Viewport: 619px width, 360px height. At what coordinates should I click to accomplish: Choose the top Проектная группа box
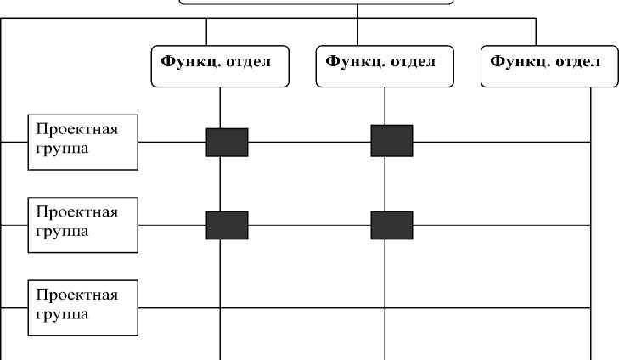(x=82, y=141)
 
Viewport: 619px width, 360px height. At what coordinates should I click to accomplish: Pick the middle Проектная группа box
(x=82, y=224)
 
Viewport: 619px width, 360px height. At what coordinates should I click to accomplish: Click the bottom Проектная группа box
(x=82, y=307)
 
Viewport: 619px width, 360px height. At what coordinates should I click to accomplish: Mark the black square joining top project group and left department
(x=227, y=142)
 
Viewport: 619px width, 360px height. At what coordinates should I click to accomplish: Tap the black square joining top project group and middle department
(x=391, y=141)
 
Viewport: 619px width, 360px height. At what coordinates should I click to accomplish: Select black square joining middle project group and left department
(x=227, y=225)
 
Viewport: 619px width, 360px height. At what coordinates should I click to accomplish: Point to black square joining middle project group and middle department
(x=391, y=225)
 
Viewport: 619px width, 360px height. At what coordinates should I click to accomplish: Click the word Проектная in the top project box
(x=76, y=129)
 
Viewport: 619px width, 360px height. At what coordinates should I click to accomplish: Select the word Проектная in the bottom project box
(x=76, y=295)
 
